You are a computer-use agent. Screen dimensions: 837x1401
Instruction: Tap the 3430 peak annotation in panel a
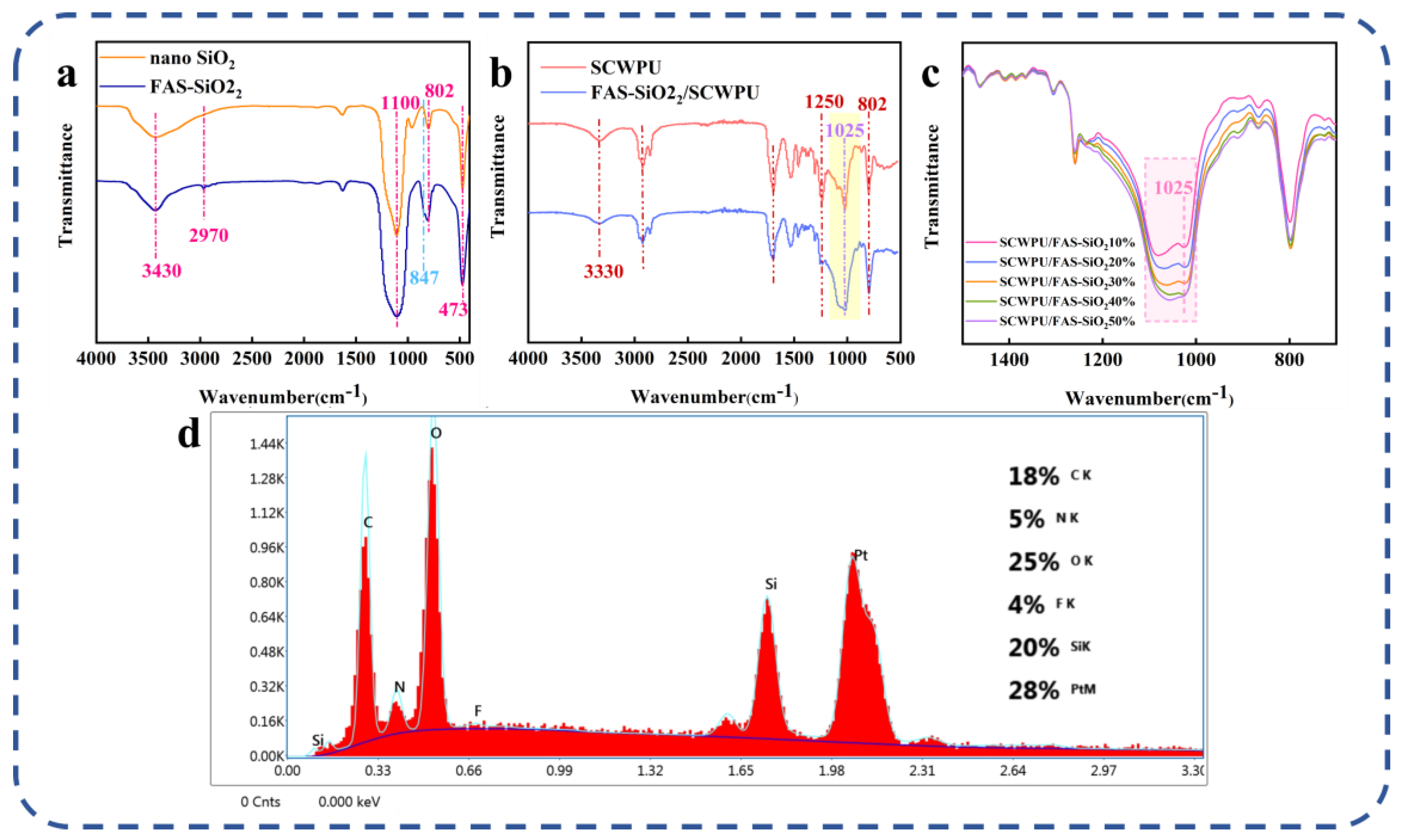162,271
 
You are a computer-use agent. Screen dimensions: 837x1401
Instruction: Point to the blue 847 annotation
424,278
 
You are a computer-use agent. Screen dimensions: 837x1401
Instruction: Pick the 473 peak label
453,309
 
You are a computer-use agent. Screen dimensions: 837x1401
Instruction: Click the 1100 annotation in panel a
400,103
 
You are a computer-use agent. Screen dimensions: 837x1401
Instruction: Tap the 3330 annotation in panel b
603,272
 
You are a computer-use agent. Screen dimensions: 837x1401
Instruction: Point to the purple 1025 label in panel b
844,131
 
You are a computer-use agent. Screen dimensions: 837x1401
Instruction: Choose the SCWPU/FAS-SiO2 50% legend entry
1066,321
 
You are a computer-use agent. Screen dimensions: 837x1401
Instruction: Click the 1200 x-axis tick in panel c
1103,360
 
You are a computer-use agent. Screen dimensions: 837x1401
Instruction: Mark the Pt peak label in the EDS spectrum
861,556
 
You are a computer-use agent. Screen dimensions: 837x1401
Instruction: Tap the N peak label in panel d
399,687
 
